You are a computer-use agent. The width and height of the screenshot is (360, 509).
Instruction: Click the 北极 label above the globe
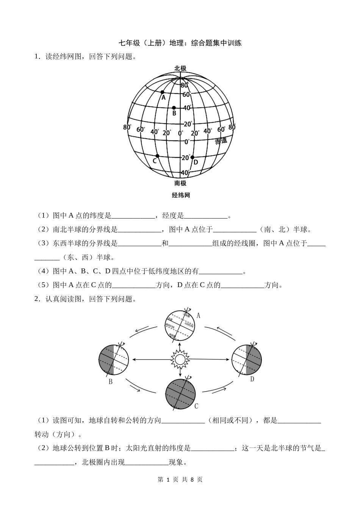point(180,69)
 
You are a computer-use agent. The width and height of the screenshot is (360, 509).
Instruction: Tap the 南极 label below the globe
point(180,183)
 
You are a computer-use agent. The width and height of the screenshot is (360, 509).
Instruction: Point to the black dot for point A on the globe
point(162,92)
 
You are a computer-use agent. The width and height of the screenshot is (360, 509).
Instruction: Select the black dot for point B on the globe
point(174,108)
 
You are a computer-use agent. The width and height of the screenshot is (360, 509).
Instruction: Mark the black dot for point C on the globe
point(157,156)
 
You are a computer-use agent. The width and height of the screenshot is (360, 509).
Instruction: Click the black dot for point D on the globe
point(192,157)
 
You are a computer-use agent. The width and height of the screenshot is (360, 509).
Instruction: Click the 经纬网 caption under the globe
point(180,195)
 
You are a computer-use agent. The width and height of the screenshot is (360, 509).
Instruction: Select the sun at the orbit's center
point(180,359)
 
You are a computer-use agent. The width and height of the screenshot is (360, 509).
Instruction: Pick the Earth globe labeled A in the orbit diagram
point(180,325)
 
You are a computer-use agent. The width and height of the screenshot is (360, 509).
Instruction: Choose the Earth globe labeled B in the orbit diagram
point(114,359)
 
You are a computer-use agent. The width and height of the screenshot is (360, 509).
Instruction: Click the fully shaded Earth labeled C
point(180,394)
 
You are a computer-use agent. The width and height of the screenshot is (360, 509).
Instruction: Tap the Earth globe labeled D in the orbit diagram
point(247,359)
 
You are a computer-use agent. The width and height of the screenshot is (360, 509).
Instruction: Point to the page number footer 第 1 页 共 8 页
point(180,479)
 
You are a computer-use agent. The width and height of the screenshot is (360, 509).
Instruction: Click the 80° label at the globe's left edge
point(127,127)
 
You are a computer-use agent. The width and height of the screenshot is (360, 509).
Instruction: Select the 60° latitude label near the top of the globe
point(186,94)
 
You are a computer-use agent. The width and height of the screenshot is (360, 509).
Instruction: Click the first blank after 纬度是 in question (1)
point(133,216)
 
